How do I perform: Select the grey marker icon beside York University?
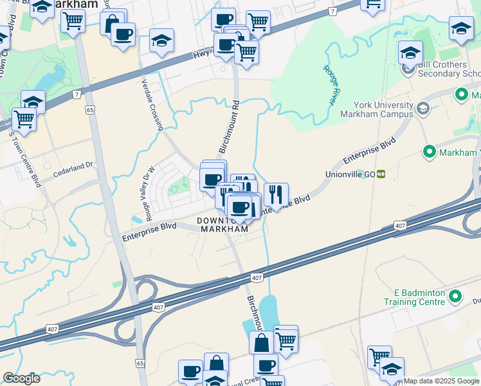click(422, 108)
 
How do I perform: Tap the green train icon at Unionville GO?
click(381, 174)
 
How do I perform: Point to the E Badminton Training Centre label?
click(414, 297)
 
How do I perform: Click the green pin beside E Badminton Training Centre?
click(455, 297)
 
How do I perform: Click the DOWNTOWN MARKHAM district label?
click(222, 225)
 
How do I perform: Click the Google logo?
click(21, 378)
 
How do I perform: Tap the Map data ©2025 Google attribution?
click(441, 381)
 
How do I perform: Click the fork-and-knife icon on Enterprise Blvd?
click(276, 194)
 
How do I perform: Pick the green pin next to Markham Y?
click(430, 152)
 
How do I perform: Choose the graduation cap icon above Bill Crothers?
click(410, 53)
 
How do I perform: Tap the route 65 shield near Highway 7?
click(90, 110)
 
